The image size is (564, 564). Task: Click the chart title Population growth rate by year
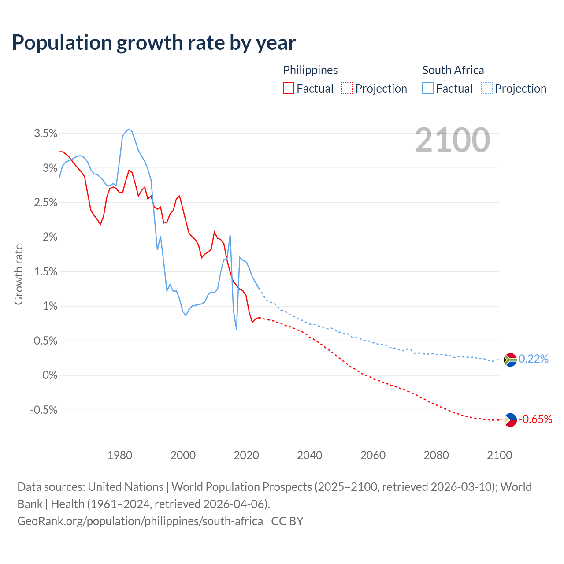[x=154, y=43]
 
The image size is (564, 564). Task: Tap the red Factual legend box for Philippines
[x=289, y=88]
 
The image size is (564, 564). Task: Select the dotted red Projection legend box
[x=347, y=88]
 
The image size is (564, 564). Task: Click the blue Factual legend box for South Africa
[x=428, y=88]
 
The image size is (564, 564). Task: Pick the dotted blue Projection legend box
[x=487, y=88]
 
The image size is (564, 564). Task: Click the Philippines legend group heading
[x=310, y=70]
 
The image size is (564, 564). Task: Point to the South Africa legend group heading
[x=453, y=70]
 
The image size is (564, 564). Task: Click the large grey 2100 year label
[x=452, y=140]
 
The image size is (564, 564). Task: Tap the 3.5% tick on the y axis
[x=46, y=134]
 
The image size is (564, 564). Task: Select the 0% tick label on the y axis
[x=50, y=375]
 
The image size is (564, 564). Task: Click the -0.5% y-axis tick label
[x=44, y=410]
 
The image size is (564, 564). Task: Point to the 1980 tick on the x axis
[x=120, y=455]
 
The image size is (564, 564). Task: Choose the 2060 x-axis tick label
[x=373, y=455]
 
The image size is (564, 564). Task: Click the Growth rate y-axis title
[x=19, y=274]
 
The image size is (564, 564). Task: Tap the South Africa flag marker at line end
[x=510, y=360]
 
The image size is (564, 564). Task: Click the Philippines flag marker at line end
[x=510, y=419]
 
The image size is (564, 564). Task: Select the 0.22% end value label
[x=534, y=359]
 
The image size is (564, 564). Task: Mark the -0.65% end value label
[x=535, y=419]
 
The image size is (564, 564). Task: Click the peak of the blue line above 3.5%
[x=129, y=129]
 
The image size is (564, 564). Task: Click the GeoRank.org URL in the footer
[x=140, y=521]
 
